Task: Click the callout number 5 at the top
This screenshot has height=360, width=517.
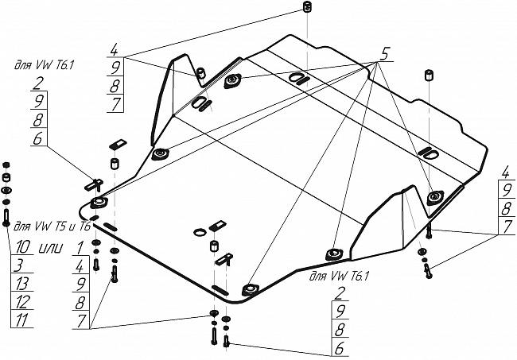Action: [x=384, y=55]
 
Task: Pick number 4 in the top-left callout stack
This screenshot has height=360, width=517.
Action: [x=115, y=47]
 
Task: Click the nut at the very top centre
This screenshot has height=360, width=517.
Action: [x=305, y=9]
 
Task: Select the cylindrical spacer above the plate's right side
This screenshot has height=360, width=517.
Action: [x=430, y=76]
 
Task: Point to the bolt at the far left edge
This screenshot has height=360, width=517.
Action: [x=6, y=215]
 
